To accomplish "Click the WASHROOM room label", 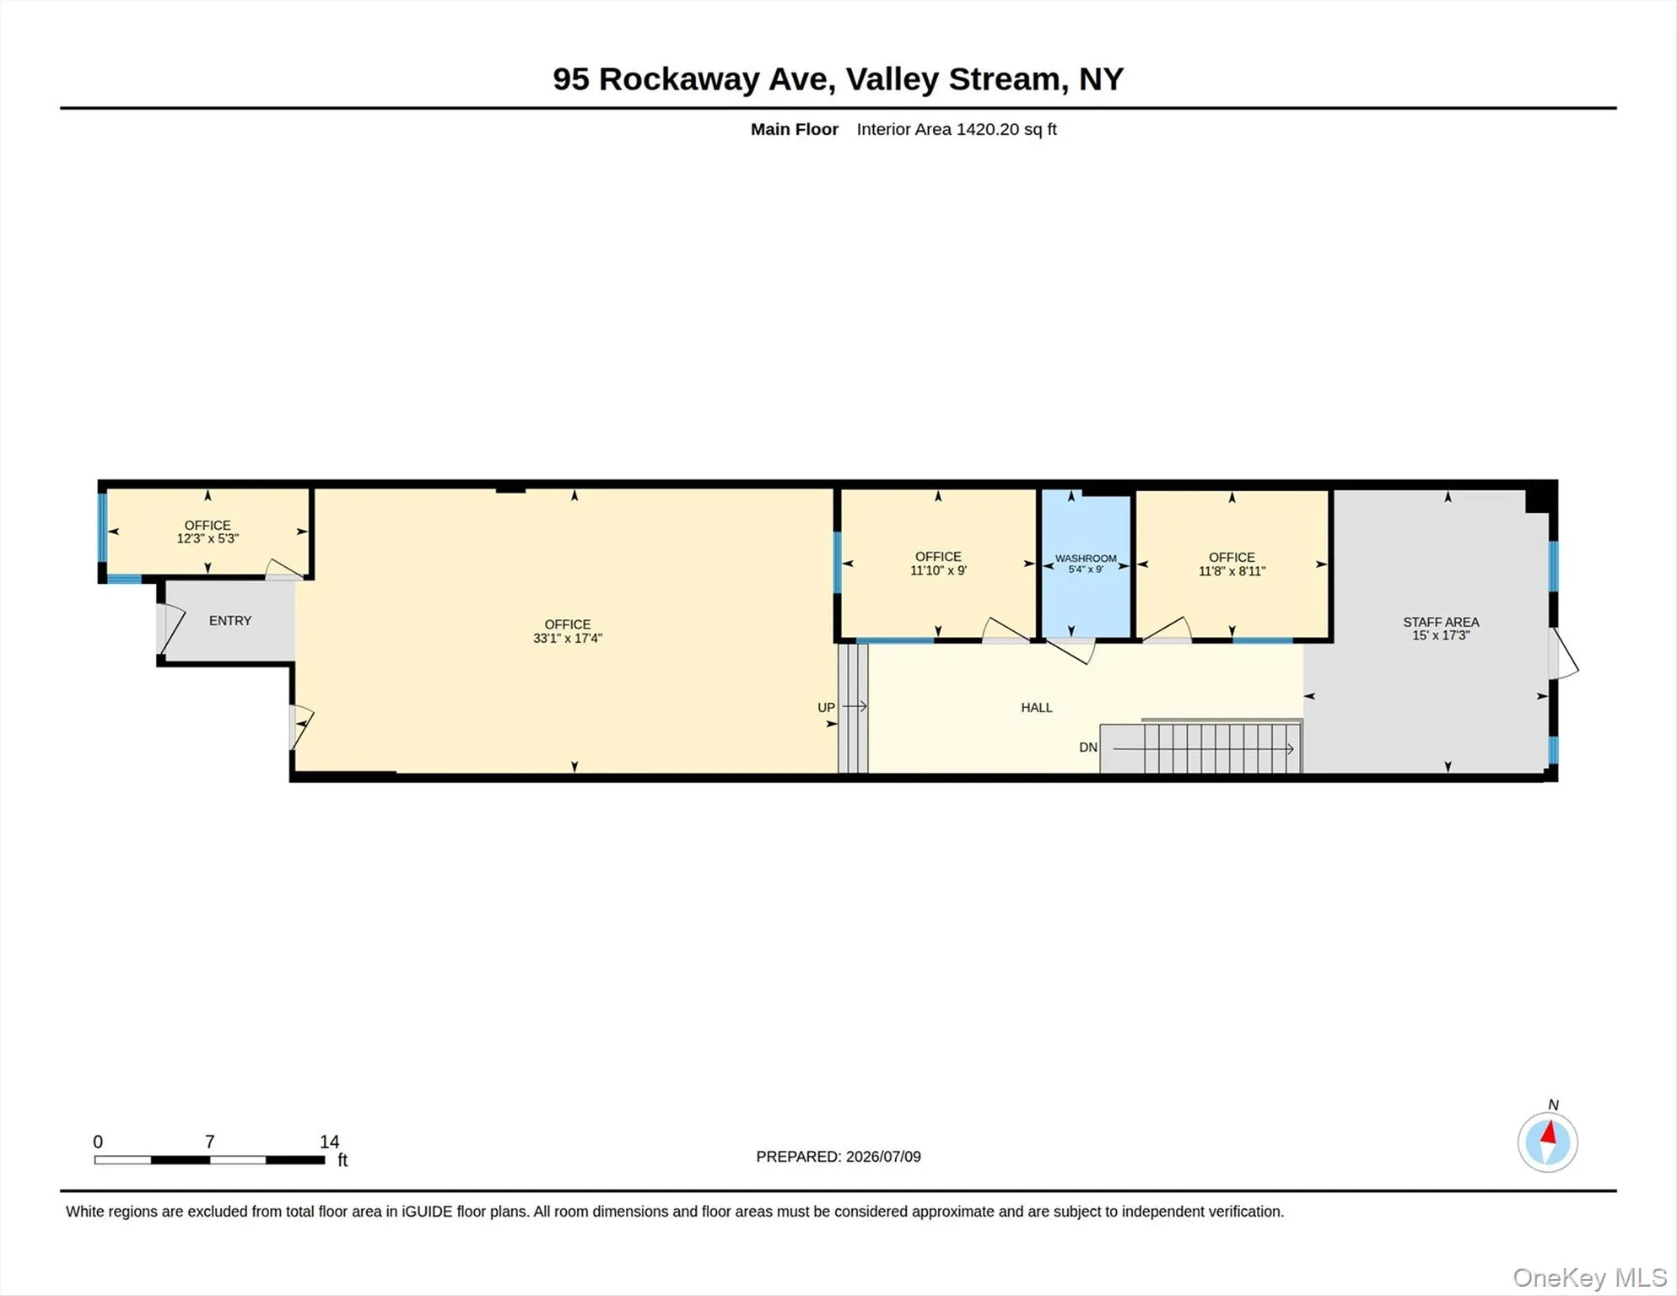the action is (1086, 559).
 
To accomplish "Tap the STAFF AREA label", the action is (1441, 622).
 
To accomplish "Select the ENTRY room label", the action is (230, 621).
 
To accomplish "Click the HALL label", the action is (1037, 708).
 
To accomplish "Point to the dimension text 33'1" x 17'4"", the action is (568, 639).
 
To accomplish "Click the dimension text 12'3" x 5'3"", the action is (208, 538).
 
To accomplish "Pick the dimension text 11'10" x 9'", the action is (938, 570).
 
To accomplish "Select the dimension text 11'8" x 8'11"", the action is (1232, 571).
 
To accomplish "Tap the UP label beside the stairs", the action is (826, 708).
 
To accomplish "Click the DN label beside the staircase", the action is (1088, 748).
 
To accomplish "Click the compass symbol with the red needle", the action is (1548, 1142).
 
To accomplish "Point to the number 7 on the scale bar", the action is (210, 1142).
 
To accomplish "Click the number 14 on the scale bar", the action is (329, 1142).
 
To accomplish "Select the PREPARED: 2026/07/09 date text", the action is (838, 1157).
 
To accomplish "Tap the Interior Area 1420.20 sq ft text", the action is (957, 129).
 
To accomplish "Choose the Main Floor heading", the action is (795, 129).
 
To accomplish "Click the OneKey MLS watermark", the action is (1590, 1278).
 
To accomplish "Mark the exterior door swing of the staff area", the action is (1563, 654).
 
